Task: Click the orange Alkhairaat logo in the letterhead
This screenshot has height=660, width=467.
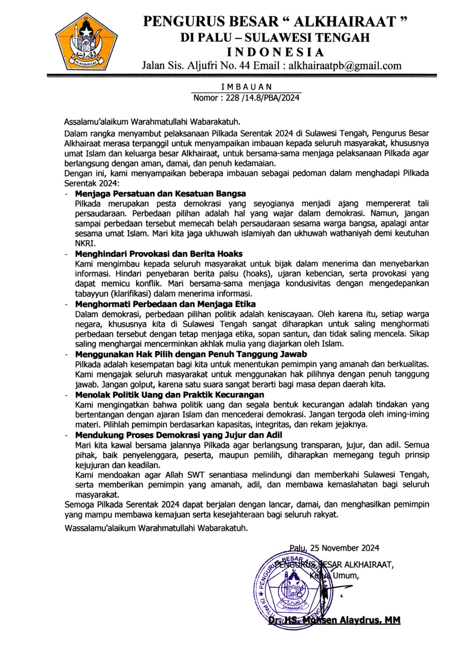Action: (86, 42)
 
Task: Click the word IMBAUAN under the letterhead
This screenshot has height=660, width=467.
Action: (246, 87)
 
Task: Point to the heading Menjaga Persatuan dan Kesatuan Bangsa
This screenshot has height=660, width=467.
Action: (160, 193)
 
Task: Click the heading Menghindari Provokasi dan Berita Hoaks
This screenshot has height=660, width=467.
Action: (159, 254)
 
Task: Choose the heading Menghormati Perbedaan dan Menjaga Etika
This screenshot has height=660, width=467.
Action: (165, 304)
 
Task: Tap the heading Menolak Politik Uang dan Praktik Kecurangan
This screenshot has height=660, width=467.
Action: (170, 395)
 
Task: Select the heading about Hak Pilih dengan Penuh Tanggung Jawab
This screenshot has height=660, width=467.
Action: (191, 354)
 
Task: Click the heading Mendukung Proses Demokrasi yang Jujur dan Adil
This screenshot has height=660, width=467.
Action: (179, 435)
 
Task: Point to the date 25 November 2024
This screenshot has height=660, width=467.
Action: (344, 548)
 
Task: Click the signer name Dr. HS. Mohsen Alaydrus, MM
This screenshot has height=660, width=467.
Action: (334, 620)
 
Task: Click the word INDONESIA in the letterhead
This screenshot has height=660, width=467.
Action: (276, 52)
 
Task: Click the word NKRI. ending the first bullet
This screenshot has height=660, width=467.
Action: (85, 243)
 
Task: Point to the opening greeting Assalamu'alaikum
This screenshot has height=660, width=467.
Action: (97, 122)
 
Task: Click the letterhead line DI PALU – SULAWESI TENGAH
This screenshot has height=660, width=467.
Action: (275, 38)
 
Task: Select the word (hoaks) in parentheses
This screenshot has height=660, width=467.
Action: (258, 273)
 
